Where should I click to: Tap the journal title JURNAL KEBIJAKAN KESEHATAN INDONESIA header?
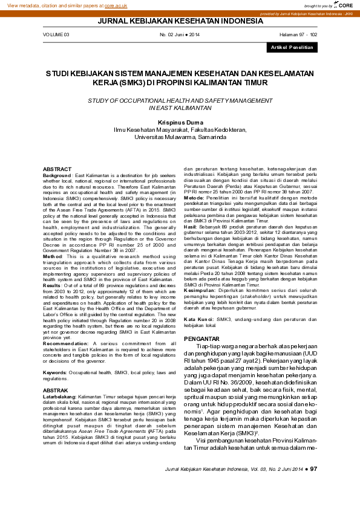point(180,22)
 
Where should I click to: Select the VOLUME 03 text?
point(56,35)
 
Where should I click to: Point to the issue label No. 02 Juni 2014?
point(180,35)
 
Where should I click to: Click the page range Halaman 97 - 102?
point(298,35)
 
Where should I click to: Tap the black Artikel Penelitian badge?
point(292,47)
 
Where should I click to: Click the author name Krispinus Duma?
point(180,121)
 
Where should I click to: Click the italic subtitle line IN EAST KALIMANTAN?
point(180,107)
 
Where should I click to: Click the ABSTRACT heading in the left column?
point(57,169)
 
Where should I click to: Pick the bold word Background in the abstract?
point(57,174)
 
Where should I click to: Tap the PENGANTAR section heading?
point(201,339)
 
